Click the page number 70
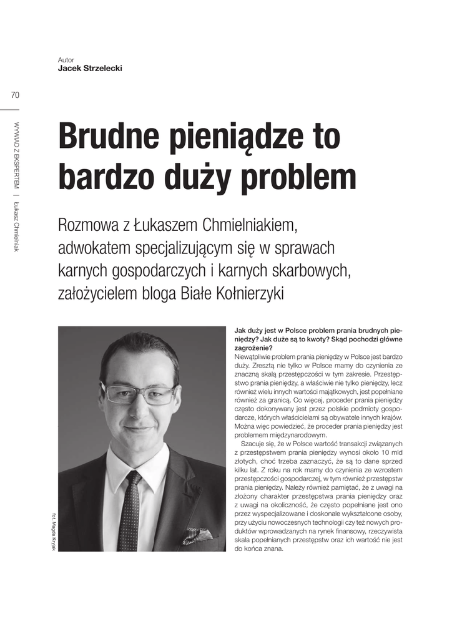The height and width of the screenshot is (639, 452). pyautogui.click(x=15, y=95)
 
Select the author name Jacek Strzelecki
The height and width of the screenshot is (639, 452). pyautogui.click(x=90, y=68)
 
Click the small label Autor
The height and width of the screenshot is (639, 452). pyautogui.click(x=66, y=60)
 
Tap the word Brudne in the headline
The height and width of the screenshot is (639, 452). pyautogui.click(x=107, y=137)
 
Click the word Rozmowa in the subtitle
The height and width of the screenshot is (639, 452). pyautogui.click(x=87, y=224)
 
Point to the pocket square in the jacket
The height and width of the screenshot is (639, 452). pyautogui.click(x=197, y=535)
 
